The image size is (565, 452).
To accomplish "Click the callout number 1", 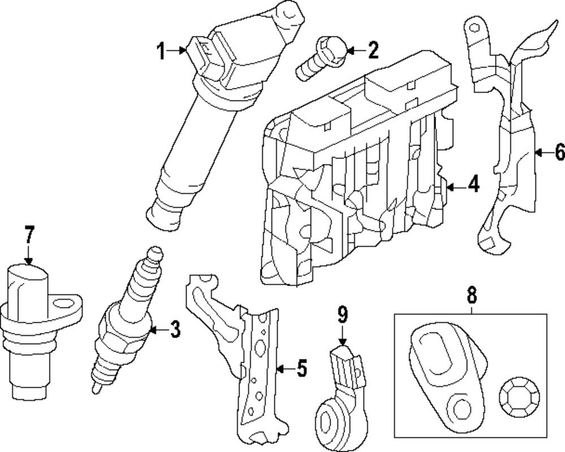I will point(161,52).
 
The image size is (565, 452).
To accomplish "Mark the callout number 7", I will point(29,234).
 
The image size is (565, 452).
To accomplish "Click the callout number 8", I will point(472,295).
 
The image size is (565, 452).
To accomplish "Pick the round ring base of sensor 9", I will point(328,420).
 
